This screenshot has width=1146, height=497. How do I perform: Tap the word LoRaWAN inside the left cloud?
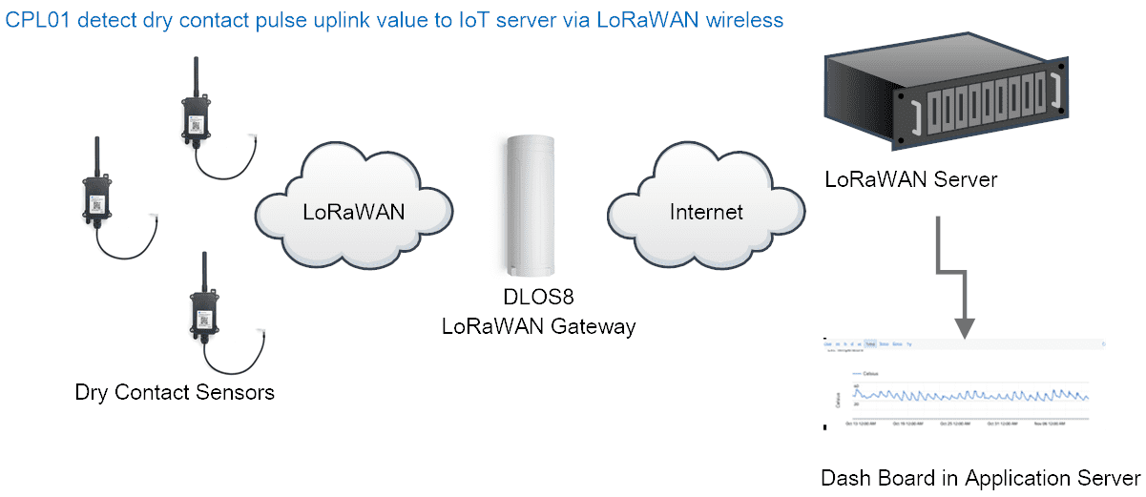tap(354, 212)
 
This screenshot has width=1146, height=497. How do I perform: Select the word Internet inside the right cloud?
tap(706, 211)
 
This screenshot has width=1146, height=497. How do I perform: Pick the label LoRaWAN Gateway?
tap(537, 326)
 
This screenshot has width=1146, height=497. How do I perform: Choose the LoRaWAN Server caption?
tap(911, 179)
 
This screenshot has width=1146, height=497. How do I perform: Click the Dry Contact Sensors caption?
tap(175, 392)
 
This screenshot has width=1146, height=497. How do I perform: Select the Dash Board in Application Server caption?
tap(980, 477)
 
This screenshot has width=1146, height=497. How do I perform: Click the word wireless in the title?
tap(744, 21)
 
